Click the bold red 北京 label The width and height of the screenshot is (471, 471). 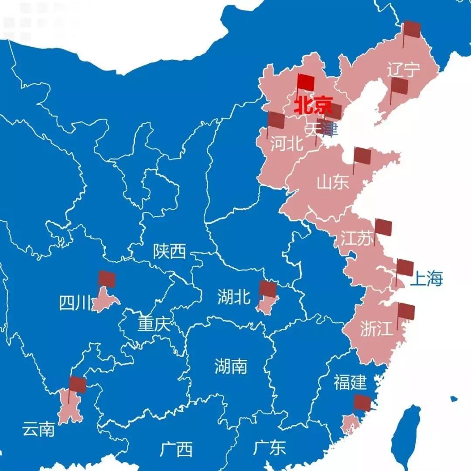point(313,106)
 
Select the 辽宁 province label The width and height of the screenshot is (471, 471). point(404,70)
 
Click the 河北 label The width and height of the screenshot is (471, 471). point(287,143)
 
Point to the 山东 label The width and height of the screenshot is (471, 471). point(333,182)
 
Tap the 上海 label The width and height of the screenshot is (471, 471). point(426,279)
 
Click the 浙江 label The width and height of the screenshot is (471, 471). point(377,329)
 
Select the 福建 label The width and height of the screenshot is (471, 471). point(350,382)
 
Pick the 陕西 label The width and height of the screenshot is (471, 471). point(169,252)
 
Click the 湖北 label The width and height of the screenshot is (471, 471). point(234,297)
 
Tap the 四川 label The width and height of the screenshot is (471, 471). point(75,303)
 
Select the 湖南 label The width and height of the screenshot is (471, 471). point(231,366)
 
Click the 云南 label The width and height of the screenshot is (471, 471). point(38,430)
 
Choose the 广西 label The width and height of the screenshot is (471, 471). point(176,449)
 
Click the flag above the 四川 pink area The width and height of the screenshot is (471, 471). point(107,279)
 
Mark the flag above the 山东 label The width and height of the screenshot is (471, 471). point(362,156)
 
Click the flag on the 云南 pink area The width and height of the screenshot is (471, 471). point(78,385)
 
